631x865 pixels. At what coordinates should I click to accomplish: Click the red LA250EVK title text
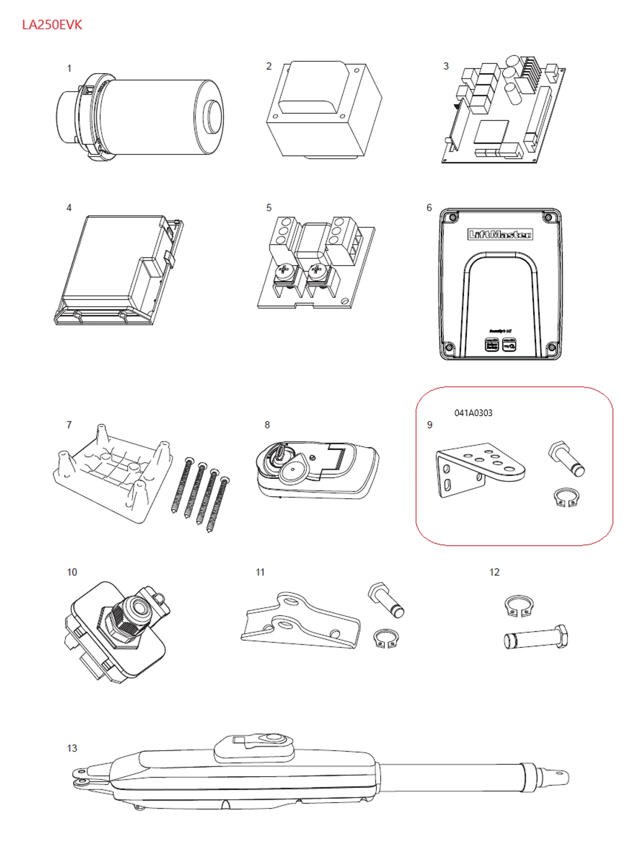point(52,25)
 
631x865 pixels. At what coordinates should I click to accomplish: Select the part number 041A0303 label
point(473,413)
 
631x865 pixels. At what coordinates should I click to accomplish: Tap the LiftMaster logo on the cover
point(500,234)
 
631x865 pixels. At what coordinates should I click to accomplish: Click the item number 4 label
point(69,207)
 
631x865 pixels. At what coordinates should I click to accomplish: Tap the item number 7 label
point(69,425)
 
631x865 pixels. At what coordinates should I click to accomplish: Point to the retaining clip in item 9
point(566,498)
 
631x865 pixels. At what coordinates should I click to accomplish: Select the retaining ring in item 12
point(519,605)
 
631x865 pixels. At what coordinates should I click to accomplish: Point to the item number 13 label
point(72,748)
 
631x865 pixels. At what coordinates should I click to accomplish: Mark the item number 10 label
point(72,572)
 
